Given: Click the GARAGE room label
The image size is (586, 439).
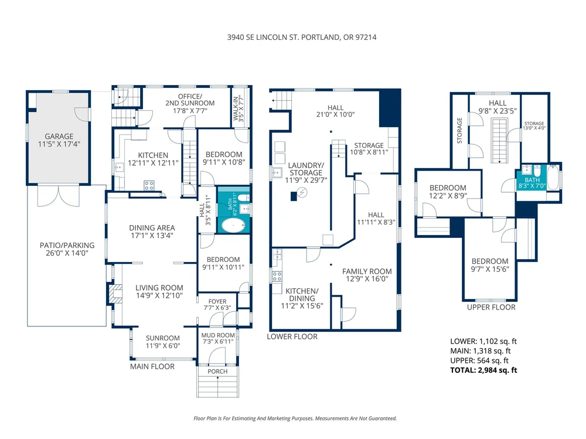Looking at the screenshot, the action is tap(59, 137).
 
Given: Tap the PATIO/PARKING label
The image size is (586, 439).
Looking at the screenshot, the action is tap(67, 246).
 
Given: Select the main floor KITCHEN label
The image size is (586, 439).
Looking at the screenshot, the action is tap(153, 155).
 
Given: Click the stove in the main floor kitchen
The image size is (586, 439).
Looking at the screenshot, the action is tap(149, 185).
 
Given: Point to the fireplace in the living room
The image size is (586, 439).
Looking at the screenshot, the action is tap(115, 294).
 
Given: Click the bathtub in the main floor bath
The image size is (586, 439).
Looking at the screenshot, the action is tap(234, 226).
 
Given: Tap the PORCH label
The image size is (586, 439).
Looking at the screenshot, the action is tap(217, 372).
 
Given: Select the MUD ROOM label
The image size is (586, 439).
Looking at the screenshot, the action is tap(218, 335).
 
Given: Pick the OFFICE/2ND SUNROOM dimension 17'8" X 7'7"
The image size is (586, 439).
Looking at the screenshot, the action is tap(190, 111).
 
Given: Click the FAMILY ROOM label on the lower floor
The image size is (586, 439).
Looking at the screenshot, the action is tap(367, 271).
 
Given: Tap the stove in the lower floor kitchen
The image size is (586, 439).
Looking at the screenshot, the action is tap(277, 277).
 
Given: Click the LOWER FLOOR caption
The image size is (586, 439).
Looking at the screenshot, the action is tap(292, 336).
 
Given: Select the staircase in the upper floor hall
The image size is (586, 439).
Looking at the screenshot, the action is tap(500, 141).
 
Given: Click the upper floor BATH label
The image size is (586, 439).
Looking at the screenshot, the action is tap(532, 180).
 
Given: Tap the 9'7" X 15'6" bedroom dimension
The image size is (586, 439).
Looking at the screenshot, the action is tap(490, 269).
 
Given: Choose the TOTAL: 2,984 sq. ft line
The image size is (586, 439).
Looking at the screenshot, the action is tap(483, 370).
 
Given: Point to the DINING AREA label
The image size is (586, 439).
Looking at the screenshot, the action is tap(152, 228).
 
